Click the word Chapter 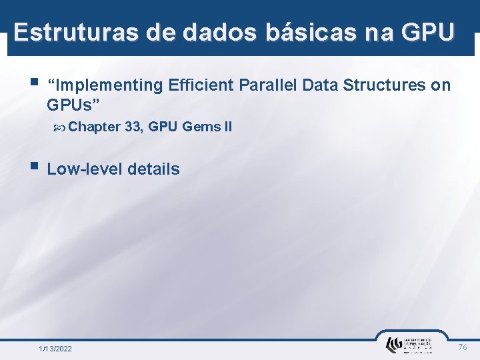pos(94,127)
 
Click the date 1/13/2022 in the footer pos(56,349)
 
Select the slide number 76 pos(463,347)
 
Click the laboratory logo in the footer pos(408,345)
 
